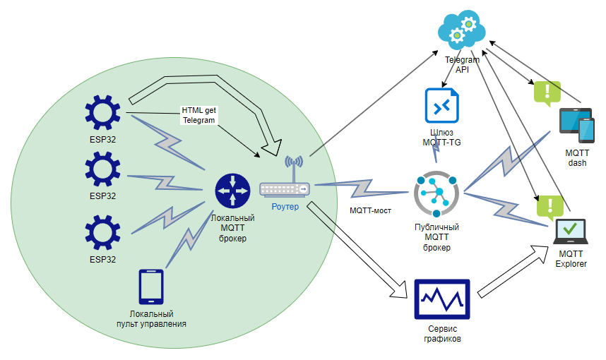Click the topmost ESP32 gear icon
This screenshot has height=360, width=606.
coord(104,113)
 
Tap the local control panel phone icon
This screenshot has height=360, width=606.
coord(151,287)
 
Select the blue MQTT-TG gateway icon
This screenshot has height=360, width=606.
coord(442,107)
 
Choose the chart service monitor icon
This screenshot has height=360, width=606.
coord(442,301)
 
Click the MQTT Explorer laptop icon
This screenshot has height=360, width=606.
coord(571,231)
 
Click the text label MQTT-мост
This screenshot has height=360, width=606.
coord(370,210)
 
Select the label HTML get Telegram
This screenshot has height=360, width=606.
coord(198,115)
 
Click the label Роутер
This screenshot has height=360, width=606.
coord(285,207)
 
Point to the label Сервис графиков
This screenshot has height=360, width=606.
coord(442,333)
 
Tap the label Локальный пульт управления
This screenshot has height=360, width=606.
coord(151,318)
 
